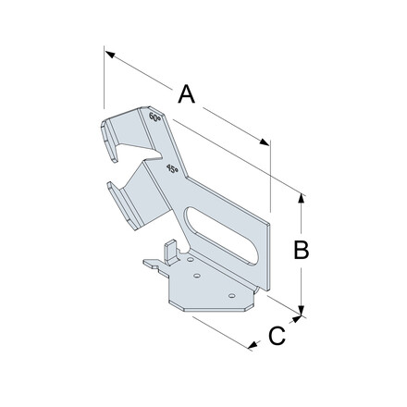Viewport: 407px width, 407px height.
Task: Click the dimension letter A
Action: pyautogui.click(x=187, y=93)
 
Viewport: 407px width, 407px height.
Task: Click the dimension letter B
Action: pyautogui.click(x=302, y=250)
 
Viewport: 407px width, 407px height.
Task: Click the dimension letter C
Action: pyautogui.click(x=277, y=336)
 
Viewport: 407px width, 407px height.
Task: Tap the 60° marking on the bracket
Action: pyautogui.click(x=154, y=117)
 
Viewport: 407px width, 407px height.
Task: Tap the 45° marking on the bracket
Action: pyautogui.click(x=172, y=168)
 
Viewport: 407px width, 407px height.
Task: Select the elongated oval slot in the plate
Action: pyautogui.click(x=222, y=236)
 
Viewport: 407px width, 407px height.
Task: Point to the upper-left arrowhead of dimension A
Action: pyautogui.click(x=110, y=55)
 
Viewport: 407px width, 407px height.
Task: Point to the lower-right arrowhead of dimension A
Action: pyautogui.click(x=264, y=142)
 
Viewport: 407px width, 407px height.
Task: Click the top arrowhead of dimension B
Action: pyautogui.click(x=302, y=198)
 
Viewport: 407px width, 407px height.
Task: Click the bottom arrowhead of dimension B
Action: pyautogui.click(x=302, y=310)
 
